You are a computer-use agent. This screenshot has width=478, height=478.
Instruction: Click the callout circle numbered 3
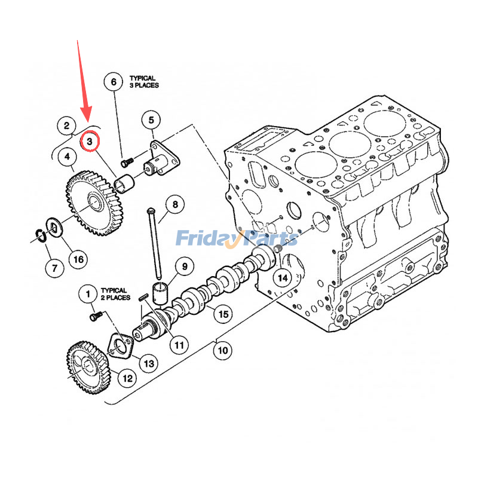(90, 142)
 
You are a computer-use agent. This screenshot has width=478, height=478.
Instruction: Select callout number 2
(66, 125)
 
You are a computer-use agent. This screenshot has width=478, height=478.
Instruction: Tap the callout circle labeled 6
(114, 82)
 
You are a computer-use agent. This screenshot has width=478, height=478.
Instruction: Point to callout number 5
(151, 120)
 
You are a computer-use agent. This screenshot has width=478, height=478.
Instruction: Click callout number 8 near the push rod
(175, 206)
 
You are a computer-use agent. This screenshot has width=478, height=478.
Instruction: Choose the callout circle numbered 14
(283, 278)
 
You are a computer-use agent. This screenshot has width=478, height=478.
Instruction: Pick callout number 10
(222, 350)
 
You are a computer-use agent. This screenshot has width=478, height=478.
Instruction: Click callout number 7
(54, 267)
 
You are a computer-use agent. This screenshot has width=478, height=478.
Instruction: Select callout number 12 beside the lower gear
(127, 378)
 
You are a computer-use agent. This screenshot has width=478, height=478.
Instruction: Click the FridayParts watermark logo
(237, 238)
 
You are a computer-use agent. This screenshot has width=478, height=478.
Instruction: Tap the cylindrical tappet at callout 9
(160, 293)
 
